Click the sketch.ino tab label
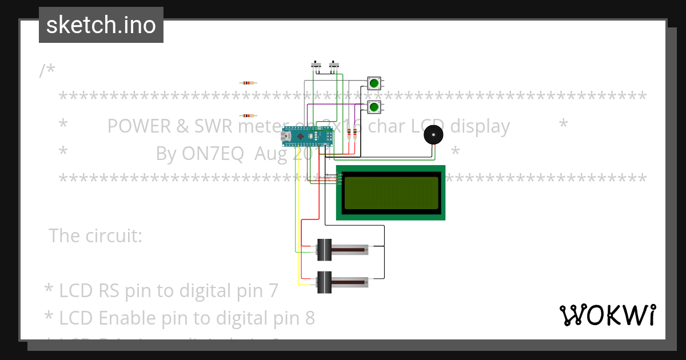click(x=101, y=25)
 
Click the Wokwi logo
click(x=607, y=315)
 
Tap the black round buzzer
click(x=433, y=135)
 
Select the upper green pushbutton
click(x=374, y=83)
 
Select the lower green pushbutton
click(x=374, y=107)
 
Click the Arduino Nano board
click(x=306, y=137)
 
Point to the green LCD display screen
click(x=390, y=193)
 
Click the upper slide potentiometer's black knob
click(x=324, y=250)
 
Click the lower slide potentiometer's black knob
click(x=324, y=282)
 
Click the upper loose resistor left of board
click(x=247, y=83)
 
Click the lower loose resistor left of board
click(x=247, y=115)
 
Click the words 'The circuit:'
click(x=95, y=235)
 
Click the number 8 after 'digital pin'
click(x=309, y=318)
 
